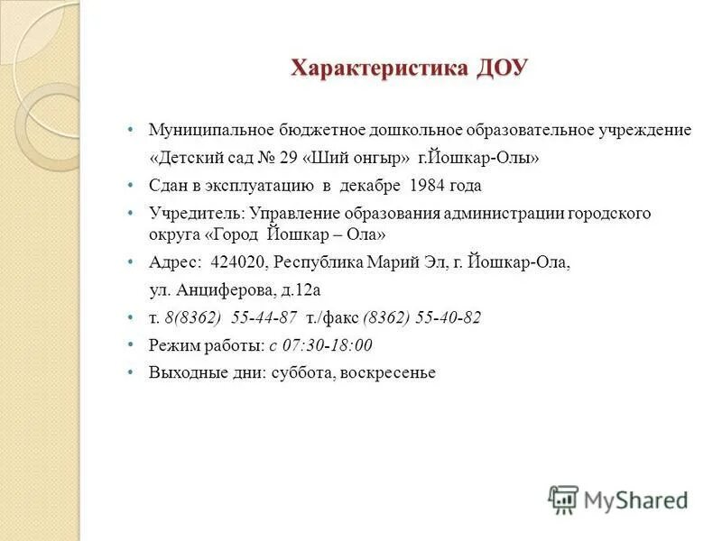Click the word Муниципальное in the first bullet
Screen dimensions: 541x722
click(x=206, y=131)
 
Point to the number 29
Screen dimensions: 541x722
click(x=289, y=158)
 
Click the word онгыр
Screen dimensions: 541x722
click(x=378, y=158)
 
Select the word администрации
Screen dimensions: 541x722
click(x=506, y=214)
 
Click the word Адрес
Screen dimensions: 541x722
click(x=175, y=263)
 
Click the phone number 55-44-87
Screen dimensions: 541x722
click(x=264, y=318)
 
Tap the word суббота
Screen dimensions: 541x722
click(x=301, y=372)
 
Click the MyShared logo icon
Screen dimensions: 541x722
click(x=563, y=499)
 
